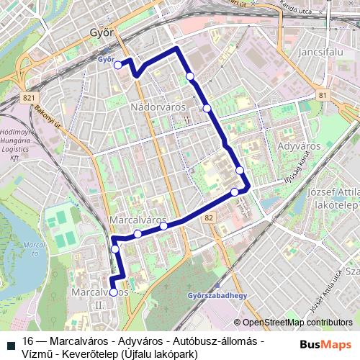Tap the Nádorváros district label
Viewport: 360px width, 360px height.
(158, 107)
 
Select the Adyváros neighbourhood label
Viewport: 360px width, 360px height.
(298, 145)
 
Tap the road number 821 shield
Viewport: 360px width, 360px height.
(29, 97)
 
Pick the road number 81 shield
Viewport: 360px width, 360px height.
(322, 95)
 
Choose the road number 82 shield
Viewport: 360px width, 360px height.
(209, 217)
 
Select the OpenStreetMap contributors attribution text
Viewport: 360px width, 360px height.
(297, 323)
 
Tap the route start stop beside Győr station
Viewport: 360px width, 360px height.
(118, 65)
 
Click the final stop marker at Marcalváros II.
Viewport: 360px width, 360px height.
(114, 292)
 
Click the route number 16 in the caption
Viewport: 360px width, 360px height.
(28, 341)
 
